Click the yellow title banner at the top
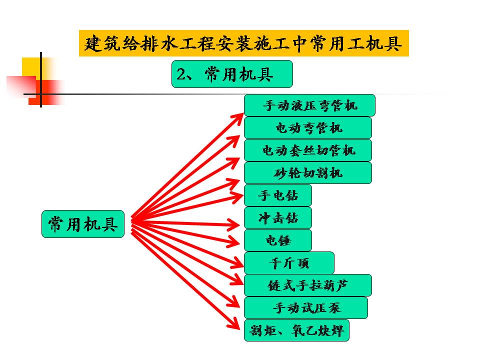pos(243,43)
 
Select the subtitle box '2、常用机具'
pos(231,74)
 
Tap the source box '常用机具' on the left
pos(82,224)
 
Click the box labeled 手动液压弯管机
pos(309,105)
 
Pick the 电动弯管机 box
pos(307,128)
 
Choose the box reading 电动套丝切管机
pos(307,150)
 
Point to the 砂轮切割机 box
pos(307,173)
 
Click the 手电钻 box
pos(277,195)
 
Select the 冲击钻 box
pos(277,218)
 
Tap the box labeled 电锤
pos(277,240)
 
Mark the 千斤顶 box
pos(288,263)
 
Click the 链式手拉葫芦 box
pos(307,285)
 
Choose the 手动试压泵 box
pos(305,308)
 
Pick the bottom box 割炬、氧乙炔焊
pos(296,330)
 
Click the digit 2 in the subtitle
pos(181,74)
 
